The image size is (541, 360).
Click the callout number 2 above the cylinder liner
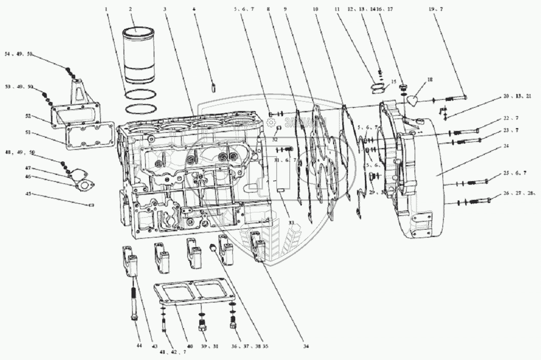point(130,9)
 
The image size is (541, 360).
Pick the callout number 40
point(190,346)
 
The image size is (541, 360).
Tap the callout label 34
point(306,346)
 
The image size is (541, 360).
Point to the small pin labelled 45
point(91,204)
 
